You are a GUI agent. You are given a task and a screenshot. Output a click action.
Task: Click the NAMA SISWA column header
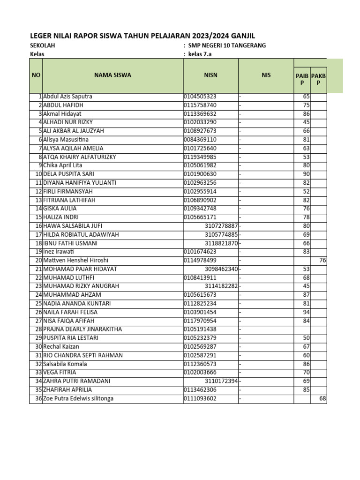coord(112,75)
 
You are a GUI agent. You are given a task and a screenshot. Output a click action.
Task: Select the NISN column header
coord(210,75)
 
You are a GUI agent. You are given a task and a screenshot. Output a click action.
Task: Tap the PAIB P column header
coord(302,79)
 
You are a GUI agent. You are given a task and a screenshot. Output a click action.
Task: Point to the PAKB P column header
coord(319,79)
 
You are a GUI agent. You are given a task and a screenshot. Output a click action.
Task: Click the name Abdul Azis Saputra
coord(67,97)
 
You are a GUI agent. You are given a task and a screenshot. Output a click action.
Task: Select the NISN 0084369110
coord(200,140)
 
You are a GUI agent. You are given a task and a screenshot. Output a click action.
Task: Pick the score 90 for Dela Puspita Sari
coord(307,174)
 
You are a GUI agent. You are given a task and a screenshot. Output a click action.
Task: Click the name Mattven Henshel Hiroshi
coord(75,261)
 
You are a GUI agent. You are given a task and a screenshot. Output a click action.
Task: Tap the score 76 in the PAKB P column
coord(322,261)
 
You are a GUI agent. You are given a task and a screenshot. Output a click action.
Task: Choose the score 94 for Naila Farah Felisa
coord(307,312)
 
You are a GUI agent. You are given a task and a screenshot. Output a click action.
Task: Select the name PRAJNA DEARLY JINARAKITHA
coord(82,330)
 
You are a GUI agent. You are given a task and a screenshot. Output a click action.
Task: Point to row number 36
coord(39,398)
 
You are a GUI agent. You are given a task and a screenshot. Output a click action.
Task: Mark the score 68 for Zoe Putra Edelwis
coord(322,398)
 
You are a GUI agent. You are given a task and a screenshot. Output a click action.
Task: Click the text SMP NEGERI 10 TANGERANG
coord(227,45)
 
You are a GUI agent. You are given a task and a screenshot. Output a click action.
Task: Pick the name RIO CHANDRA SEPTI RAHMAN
coord(82,355)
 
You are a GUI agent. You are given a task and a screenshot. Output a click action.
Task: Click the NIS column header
coord(266,75)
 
